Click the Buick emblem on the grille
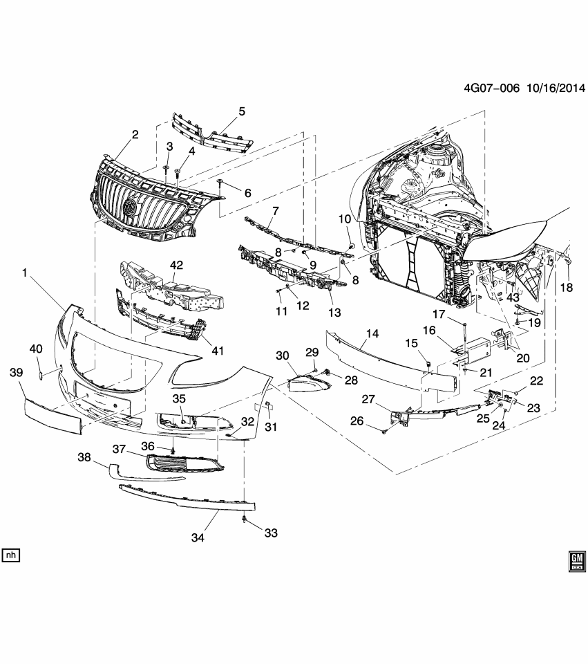coord(129,207)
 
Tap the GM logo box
coord(575,561)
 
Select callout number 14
coord(372,333)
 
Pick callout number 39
coord(15,372)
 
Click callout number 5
coord(242,111)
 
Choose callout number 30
coord(283,355)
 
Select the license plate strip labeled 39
coord(52,415)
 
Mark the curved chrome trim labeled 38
coord(145,474)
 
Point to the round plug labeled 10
coord(352,246)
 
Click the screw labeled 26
coord(383,432)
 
